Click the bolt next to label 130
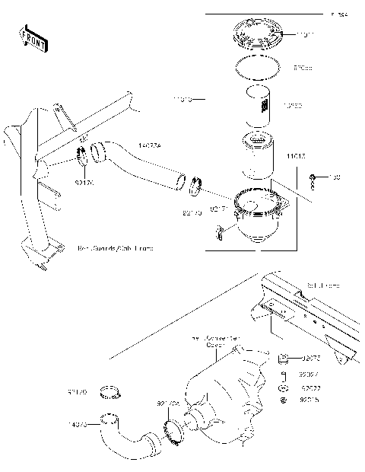click(313, 180)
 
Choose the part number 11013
click(297, 156)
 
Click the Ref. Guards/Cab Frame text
click(113, 249)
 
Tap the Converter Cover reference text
click(221, 340)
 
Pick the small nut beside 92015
click(283, 399)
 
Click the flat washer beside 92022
click(283, 386)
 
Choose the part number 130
click(334, 178)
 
